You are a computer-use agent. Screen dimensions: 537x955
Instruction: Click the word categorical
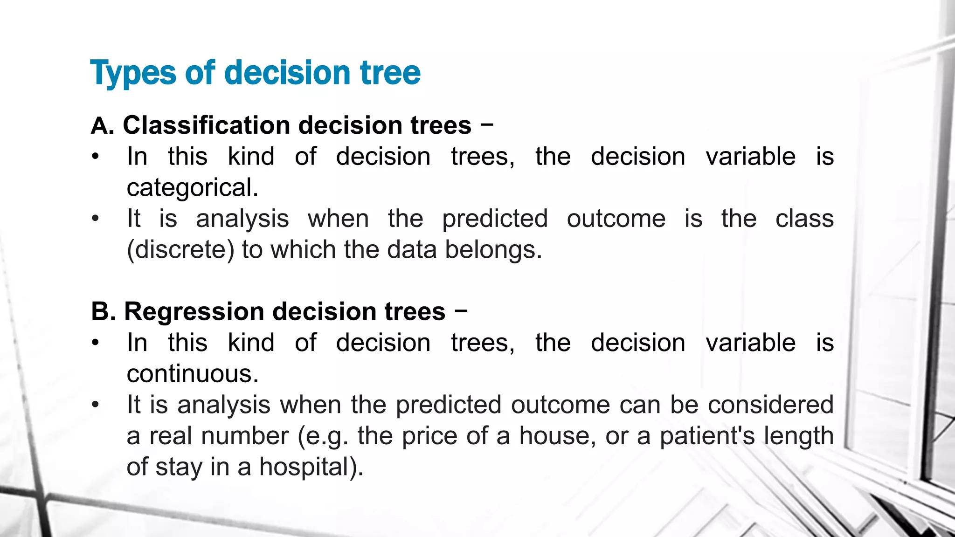(192, 188)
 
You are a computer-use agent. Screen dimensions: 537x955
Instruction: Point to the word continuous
(192, 374)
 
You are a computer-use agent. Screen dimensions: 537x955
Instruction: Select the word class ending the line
(804, 219)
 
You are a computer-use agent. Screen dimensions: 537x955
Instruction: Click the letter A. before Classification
(103, 126)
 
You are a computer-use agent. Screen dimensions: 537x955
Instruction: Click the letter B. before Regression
(103, 311)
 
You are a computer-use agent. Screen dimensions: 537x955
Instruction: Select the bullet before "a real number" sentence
(96, 405)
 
